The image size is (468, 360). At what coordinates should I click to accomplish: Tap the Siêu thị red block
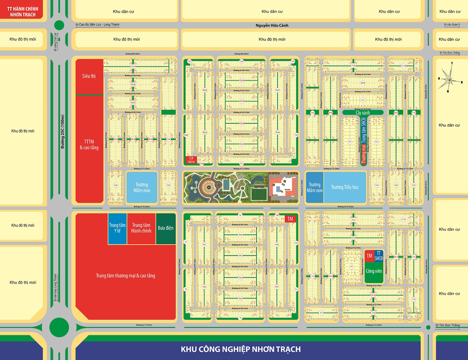[89, 76]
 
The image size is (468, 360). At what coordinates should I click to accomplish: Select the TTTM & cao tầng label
[89, 144]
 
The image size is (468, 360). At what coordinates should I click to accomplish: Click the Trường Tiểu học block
[344, 187]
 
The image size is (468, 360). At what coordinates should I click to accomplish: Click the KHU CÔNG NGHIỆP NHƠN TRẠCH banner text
[241, 349]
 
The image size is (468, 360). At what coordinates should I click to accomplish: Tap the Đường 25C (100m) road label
[63, 132]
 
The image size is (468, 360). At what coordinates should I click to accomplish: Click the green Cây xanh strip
[363, 112]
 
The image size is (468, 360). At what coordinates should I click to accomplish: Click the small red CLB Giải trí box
[191, 160]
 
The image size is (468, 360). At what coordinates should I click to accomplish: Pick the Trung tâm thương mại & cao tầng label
[125, 276]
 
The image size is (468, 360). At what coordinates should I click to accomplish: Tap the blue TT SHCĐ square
[379, 256]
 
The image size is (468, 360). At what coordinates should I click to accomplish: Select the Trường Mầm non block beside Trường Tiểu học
[314, 187]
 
